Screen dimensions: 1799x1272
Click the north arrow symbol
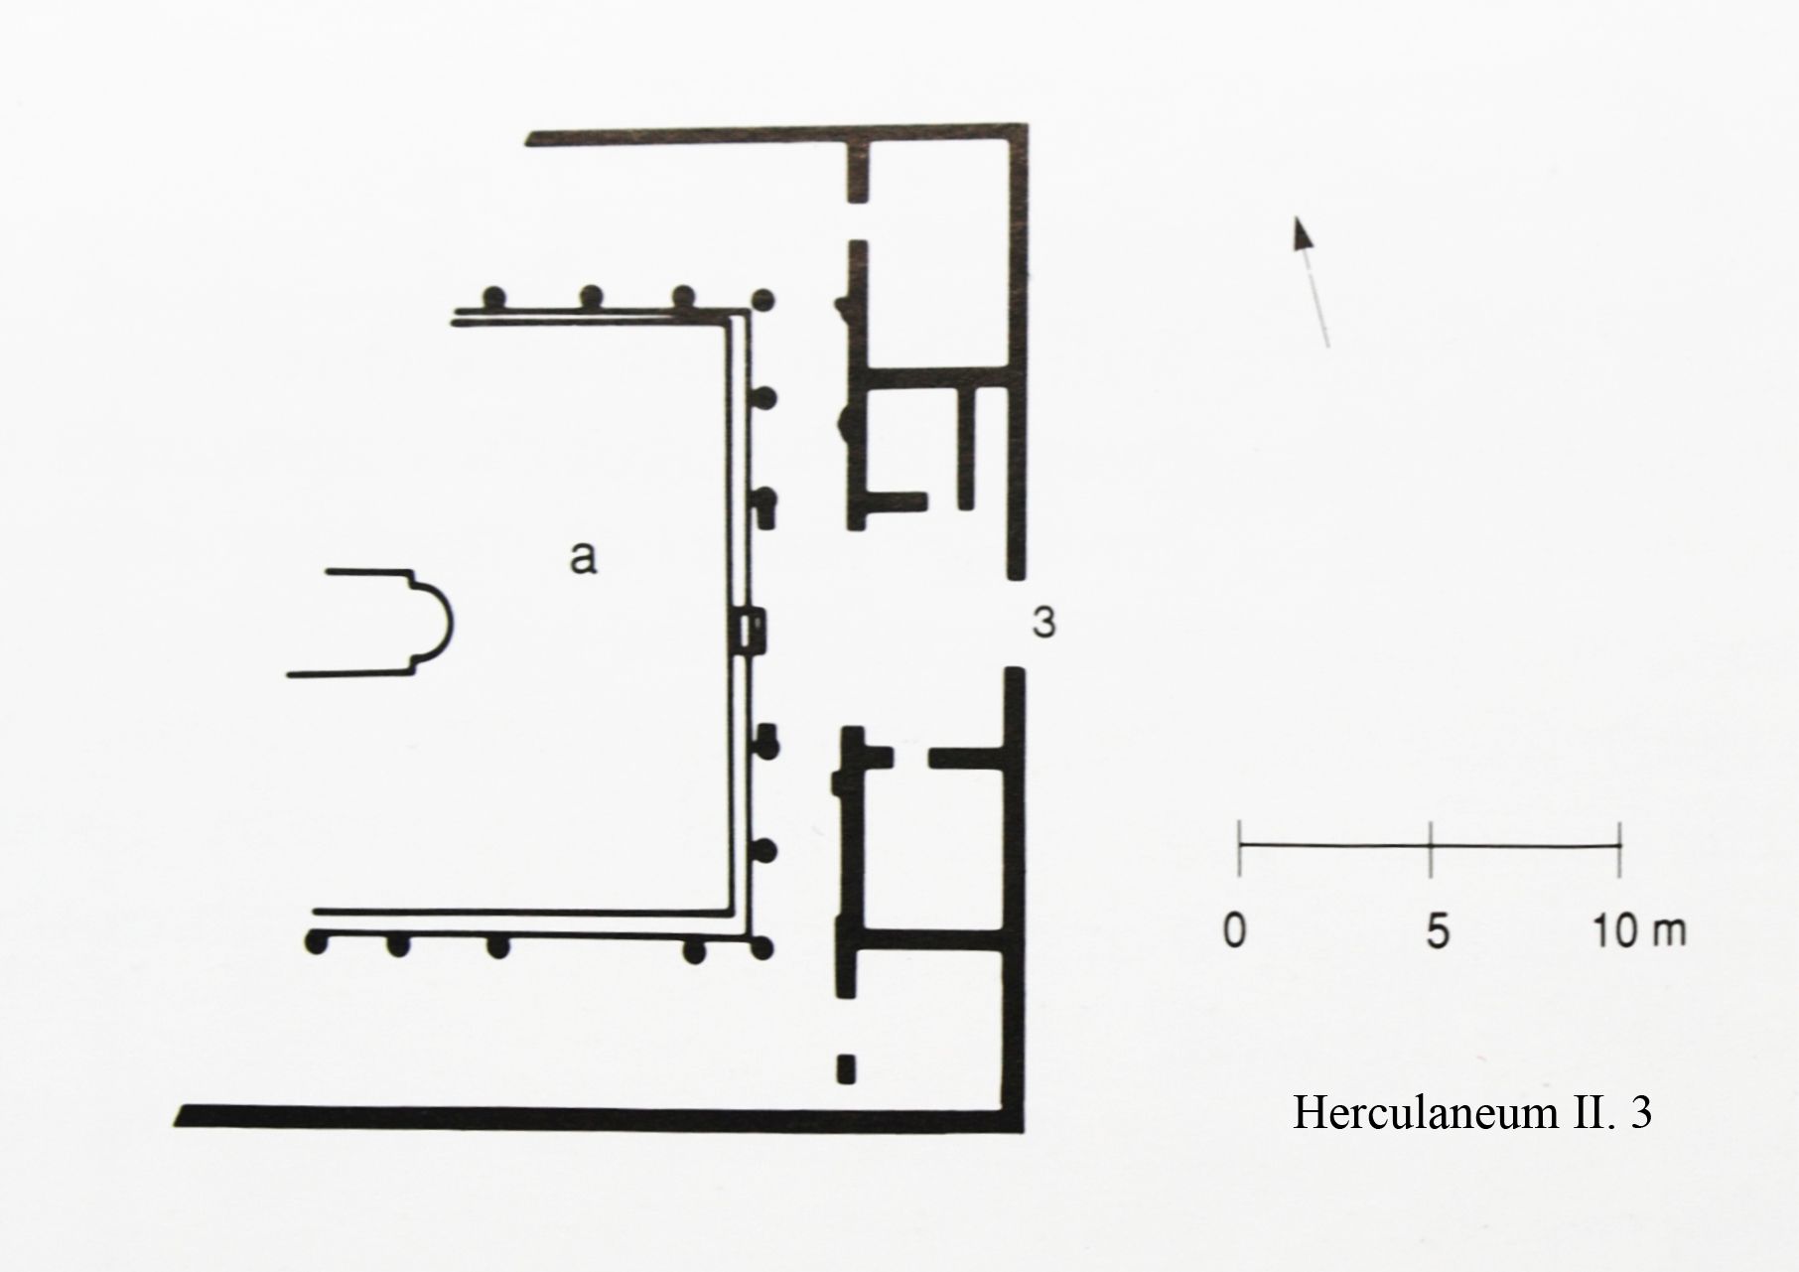click(x=1311, y=282)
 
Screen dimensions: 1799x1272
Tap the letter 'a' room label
click(x=583, y=558)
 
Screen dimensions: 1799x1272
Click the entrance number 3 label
click(x=1043, y=623)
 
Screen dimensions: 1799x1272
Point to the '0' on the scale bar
click(x=1235, y=932)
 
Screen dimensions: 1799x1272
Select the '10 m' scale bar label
click(x=1639, y=932)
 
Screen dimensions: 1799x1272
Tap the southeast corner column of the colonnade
click(x=762, y=949)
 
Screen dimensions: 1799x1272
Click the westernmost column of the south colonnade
click(x=317, y=943)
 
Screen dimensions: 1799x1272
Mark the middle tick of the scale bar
click(x=1430, y=848)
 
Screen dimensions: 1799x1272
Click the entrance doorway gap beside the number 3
click(x=1015, y=623)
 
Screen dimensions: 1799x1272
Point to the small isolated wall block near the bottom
click(x=845, y=1068)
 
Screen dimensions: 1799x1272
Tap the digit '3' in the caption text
click(x=1640, y=1113)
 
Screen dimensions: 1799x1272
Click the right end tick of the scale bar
click(x=1620, y=848)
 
